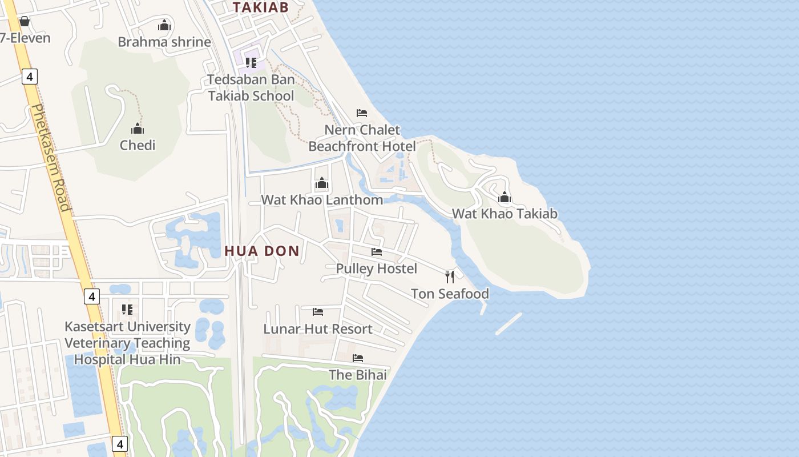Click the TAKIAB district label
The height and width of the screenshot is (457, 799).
coord(260,7)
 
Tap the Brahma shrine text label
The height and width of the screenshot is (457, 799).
coord(164,42)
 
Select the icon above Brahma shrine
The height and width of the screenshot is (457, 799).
coord(164,25)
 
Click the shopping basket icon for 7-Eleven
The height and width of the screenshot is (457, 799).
coord(25,22)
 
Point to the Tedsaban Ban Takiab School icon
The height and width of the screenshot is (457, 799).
coord(251,62)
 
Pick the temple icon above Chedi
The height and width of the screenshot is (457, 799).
coord(138,129)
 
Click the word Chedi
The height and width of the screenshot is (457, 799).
coord(138,145)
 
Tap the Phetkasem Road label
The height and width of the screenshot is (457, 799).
coord(51,157)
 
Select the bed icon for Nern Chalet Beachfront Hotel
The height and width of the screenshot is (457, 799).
coord(362,113)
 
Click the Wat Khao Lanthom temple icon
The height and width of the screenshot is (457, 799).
coord(322,183)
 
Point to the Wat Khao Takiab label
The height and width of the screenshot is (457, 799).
coord(505,214)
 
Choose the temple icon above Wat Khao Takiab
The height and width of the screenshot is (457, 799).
coord(505,198)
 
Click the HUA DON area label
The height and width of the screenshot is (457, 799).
coord(262,251)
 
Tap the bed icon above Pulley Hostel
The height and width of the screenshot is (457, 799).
coord(377,251)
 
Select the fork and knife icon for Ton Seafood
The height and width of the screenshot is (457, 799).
coord(450,277)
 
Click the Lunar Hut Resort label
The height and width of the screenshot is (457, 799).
coord(318,329)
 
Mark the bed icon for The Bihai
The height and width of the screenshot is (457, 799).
coord(358,358)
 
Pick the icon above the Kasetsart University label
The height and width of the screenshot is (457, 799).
coord(127,310)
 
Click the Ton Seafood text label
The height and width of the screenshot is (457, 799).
coord(450,294)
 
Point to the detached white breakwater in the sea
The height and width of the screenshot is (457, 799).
coord(509,323)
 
